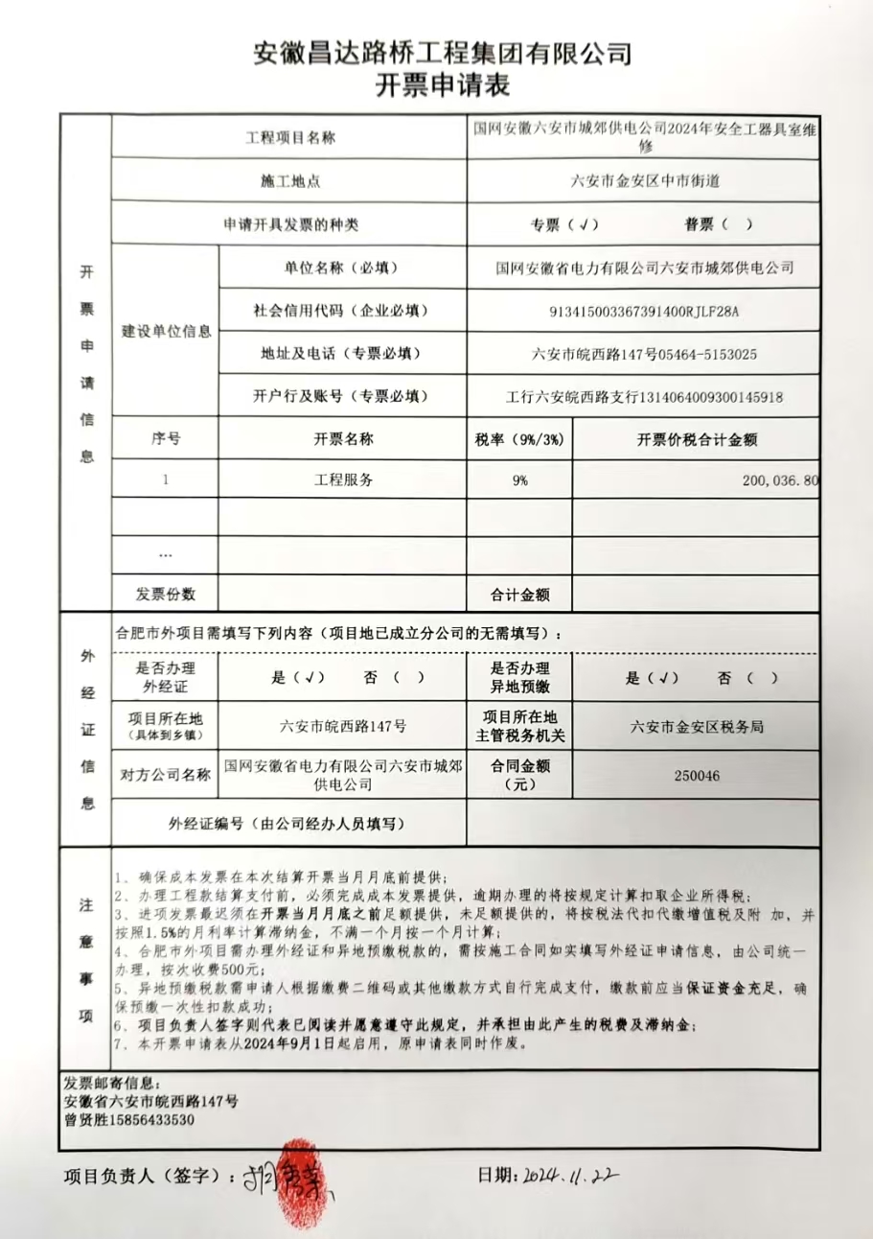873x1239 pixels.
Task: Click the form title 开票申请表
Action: (x=442, y=86)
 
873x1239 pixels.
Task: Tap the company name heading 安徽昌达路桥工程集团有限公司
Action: (x=442, y=53)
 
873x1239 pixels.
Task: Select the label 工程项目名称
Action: (x=290, y=138)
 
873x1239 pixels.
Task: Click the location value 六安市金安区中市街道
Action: (x=644, y=180)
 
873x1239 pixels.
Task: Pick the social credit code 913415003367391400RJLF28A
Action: (x=644, y=311)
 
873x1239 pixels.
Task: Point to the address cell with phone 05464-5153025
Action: (x=644, y=354)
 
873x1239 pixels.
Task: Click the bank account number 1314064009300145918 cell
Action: (x=644, y=396)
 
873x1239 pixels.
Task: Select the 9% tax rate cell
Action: (x=519, y=480)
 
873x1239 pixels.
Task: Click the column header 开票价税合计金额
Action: (x=697, y=439)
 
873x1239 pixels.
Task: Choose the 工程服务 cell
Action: (x=343, y=480)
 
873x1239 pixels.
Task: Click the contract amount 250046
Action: (x=697, y=775)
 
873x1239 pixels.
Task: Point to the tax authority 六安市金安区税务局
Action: (x=697, y=727)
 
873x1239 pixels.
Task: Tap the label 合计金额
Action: (x=519, y=595)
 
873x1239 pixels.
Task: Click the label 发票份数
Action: (x=165, y=595)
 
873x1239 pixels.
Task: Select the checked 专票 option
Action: (x=564, y=224)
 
